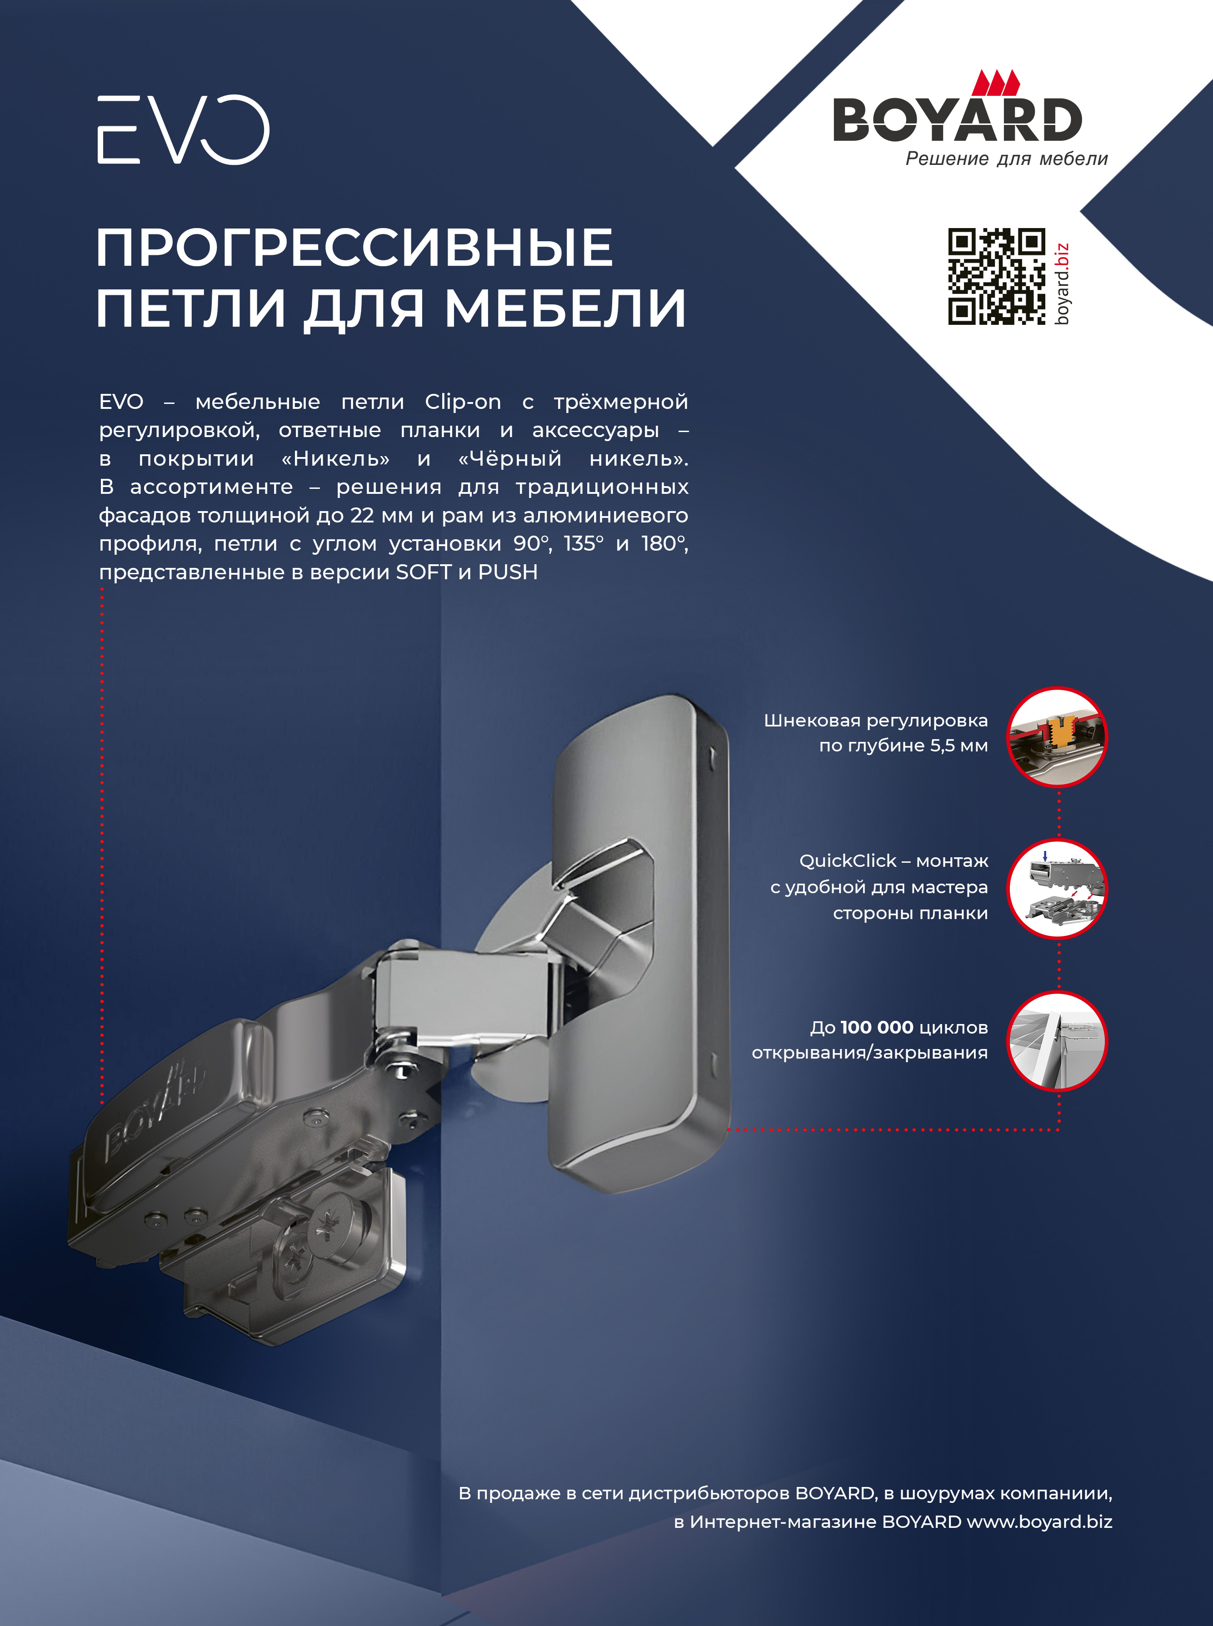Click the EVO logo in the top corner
coord(184,129)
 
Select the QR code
coord(996,276)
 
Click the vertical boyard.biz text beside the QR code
coord(1062,283)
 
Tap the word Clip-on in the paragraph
coord(463,402)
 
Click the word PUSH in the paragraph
coord(508,572)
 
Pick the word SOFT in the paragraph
coord(424,572)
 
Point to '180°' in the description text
coord(664,543)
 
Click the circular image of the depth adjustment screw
coord(1057,736)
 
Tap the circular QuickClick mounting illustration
coord(1057,888)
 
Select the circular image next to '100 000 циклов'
coord(1057,1041)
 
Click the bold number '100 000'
coord(877,1027)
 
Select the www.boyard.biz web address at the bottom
coord(1039,1522)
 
